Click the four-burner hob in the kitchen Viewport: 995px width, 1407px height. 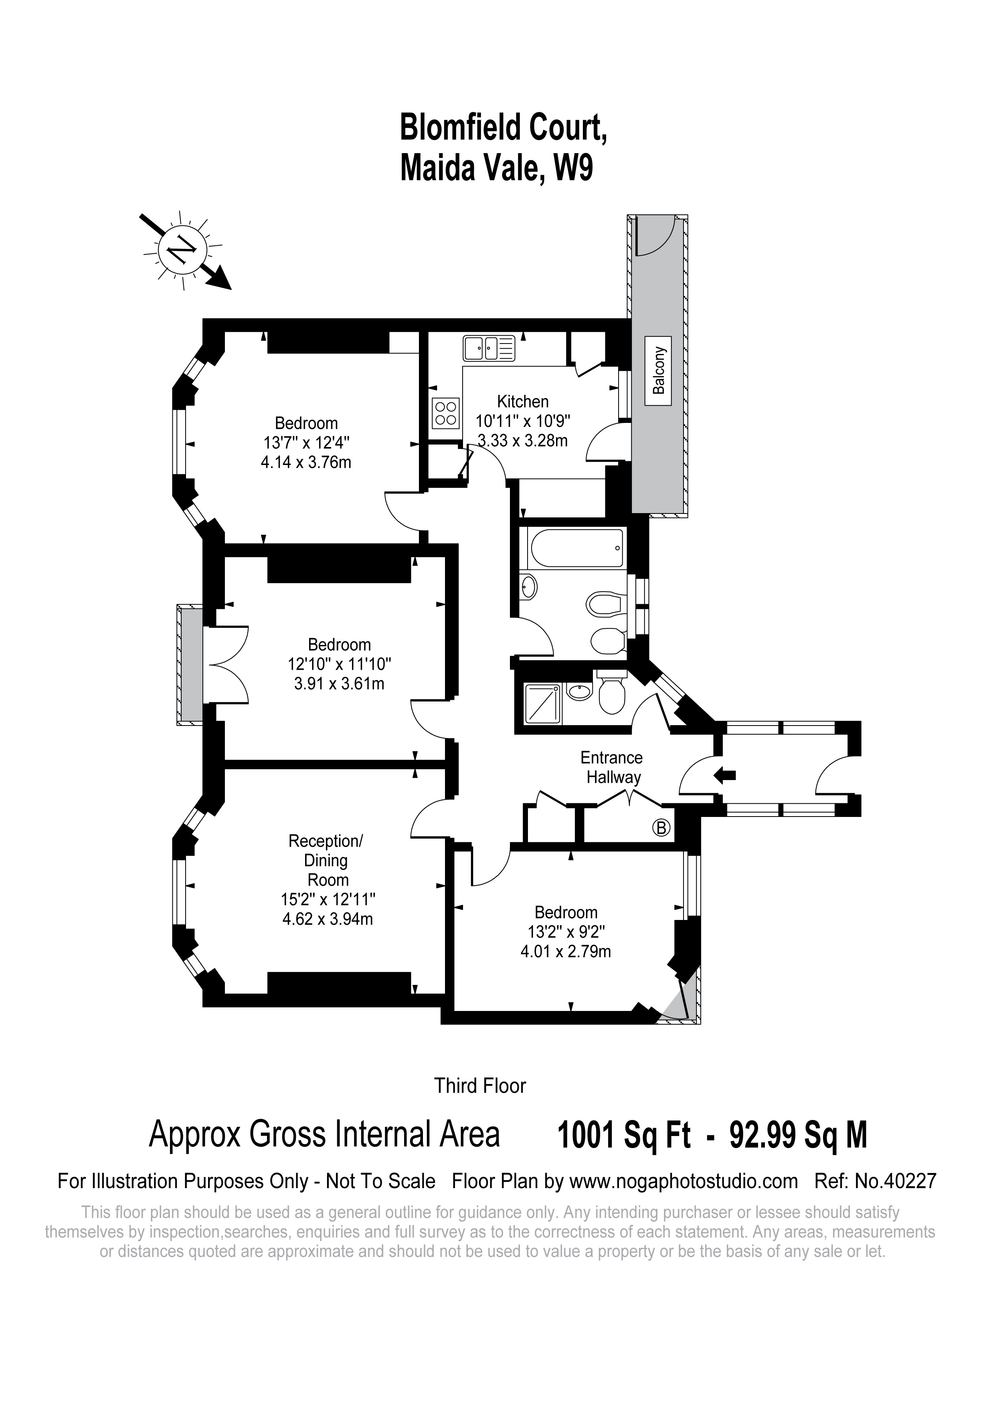tap(445, 412)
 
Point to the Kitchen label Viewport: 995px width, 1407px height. tap(523, 402)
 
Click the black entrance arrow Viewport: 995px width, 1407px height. tap(725, 776)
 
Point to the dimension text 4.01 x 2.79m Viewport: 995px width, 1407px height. tap(564, 951)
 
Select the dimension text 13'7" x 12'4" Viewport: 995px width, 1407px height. tap(306, 443)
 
